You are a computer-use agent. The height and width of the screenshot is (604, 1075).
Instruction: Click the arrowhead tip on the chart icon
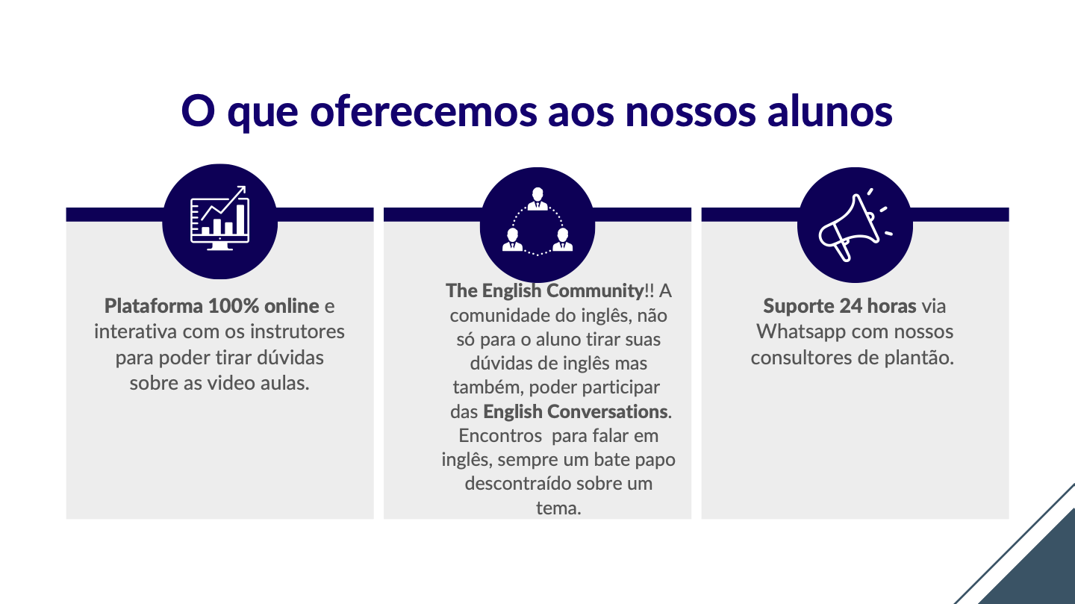(x=245, y=187)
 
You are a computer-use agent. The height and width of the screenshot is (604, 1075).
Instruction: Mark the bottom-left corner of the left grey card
(x=66, y=519)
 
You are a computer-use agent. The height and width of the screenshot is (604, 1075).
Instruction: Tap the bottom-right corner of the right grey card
(x=1009, y=519)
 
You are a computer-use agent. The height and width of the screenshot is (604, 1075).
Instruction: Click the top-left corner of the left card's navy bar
(x=66, y=208)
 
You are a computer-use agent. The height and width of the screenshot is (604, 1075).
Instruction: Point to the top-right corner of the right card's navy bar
(x=1009, y=208)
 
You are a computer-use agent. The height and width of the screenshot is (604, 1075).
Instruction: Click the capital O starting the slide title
(x=198, y=111)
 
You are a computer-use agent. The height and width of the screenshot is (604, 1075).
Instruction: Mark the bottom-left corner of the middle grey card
(x=384, y=519)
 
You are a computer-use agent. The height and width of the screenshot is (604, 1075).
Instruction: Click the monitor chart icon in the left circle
(x=219, y=218)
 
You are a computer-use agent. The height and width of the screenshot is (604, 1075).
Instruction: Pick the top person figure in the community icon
(x=537, y=199)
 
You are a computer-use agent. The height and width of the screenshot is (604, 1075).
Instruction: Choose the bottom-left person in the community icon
(x=513, y=240)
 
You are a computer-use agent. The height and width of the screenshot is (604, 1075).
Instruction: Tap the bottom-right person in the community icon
(x=562, y=240)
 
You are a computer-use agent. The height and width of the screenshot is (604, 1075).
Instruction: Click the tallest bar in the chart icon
(x=240, y=220)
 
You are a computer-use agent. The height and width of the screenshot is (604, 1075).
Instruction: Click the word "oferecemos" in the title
(x=424, y=111)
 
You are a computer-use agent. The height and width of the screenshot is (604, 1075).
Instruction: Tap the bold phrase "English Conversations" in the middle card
(x=576, y=412)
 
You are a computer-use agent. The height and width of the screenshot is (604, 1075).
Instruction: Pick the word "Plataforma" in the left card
(x=154, y=306)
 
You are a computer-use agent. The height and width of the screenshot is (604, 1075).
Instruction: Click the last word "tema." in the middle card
(x=558, y=508)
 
